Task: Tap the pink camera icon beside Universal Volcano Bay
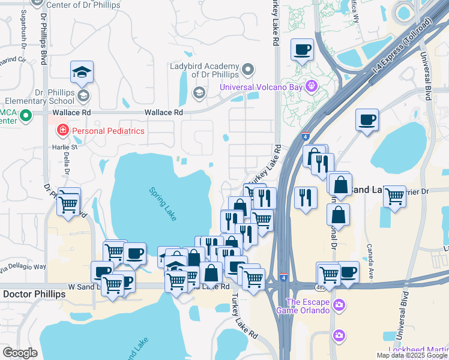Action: click(311, 86)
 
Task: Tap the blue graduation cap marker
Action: click(82, 73)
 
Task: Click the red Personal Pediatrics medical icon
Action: click(62, 130)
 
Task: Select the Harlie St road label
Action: click(66, 147)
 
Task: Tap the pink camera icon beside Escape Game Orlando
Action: click(339, 306)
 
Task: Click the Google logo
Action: click(20, 353)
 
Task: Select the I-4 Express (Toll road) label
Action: click(400, 53)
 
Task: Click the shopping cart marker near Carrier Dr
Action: click(394, 196)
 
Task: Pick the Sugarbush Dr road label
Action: click(17, 45)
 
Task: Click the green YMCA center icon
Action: click(26, 115)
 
